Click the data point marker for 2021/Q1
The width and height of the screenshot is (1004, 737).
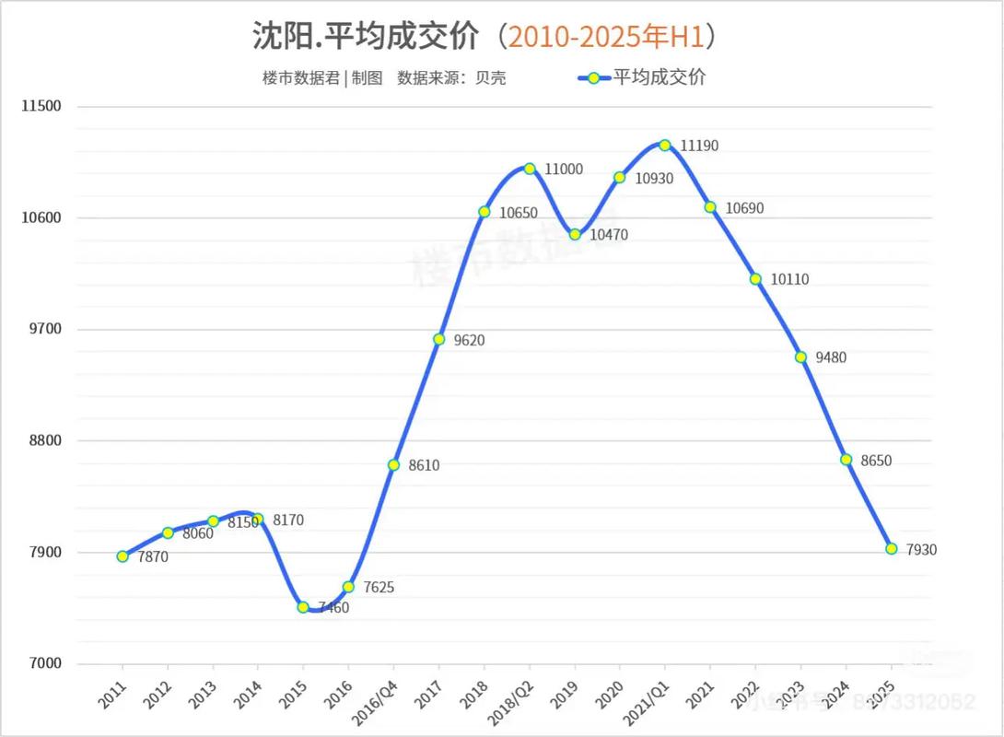coord(665,145)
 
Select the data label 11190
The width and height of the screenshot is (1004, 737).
coord(699,146)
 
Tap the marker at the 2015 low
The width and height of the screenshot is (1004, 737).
coord(303,606)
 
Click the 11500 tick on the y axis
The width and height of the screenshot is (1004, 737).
coord(41,106)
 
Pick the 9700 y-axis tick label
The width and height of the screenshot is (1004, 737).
coord(41,329)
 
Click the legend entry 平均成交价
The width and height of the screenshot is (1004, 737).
coord(660,77)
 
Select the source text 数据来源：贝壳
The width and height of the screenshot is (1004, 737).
coord(451,78)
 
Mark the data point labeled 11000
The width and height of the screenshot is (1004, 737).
coord(530,169)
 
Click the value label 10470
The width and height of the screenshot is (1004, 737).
coord(609,235)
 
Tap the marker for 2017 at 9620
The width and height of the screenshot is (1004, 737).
coord(438,339)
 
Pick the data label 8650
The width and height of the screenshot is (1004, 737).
coord(877,461)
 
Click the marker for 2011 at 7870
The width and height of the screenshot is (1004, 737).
coord(123,556)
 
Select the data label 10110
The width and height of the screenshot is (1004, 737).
coord(790,279)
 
